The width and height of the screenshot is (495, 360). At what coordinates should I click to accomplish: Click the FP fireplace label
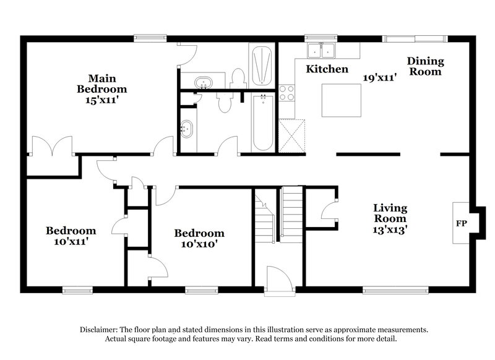461,223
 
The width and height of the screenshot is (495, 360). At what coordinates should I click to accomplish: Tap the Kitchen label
327,69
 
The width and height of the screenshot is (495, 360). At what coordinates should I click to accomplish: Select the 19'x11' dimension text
379,77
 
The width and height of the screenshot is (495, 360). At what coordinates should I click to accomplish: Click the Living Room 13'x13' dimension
390,229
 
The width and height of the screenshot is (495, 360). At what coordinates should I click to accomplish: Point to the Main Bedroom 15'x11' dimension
101,100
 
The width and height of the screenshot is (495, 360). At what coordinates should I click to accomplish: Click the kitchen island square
342,100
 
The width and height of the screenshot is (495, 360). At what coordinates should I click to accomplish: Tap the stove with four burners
286,93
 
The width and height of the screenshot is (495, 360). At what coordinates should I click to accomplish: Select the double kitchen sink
321,50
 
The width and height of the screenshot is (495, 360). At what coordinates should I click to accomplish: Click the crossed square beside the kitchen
292,136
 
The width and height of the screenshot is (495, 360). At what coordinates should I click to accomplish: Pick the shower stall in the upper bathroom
262,66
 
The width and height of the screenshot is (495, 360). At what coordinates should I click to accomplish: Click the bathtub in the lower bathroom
263,123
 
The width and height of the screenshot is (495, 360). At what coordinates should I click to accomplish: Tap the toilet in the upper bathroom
238,79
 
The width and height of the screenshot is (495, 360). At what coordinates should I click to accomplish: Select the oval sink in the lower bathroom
187,129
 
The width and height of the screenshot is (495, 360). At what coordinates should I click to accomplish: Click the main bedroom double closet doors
52,146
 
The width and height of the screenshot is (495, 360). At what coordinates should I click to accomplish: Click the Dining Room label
425,66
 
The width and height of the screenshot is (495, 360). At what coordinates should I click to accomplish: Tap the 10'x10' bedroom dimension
199,244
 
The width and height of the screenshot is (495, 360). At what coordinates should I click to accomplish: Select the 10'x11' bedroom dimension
71,242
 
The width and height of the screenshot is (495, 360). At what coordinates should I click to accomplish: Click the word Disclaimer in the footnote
98,330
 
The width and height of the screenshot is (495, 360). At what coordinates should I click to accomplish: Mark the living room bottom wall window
395,290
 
